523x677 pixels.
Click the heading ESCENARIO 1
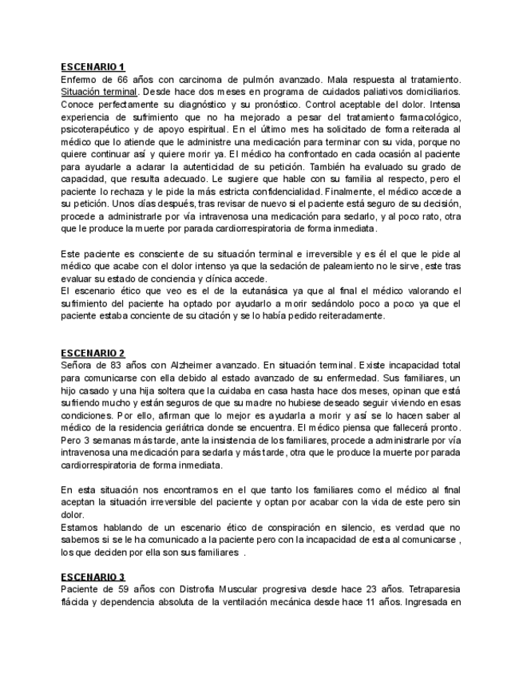point(93,67)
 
